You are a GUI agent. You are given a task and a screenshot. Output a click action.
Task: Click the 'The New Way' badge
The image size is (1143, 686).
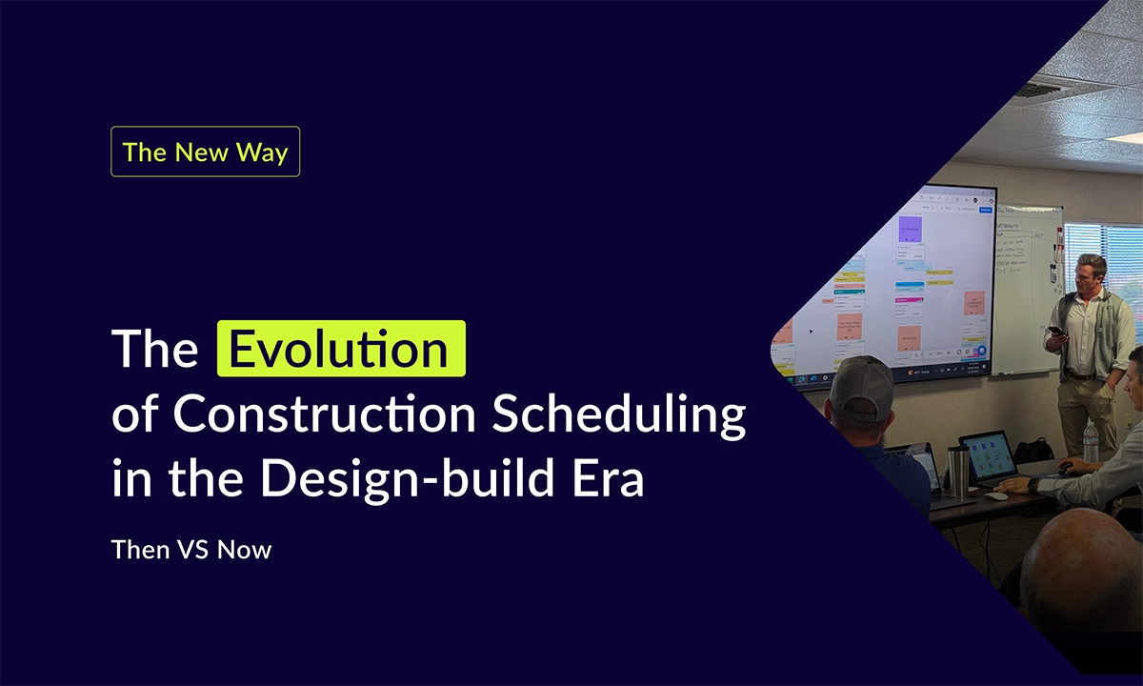205,152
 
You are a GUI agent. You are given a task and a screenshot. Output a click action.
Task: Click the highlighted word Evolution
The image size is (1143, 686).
341,350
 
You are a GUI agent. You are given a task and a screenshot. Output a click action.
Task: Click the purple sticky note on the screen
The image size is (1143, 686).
910,229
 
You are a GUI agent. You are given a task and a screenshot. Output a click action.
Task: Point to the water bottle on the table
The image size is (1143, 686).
1091,441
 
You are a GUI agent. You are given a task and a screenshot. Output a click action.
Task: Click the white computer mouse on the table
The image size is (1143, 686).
995,495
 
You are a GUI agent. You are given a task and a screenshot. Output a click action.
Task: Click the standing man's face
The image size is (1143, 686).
1090,275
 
